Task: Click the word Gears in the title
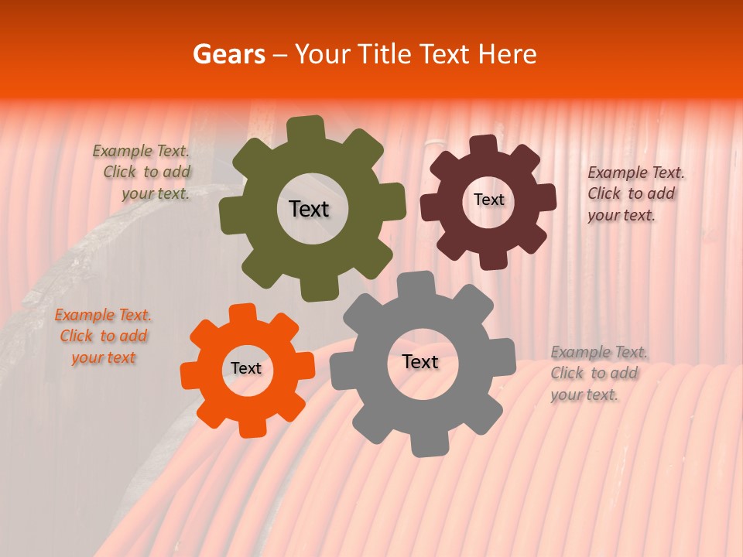tap(228, 54)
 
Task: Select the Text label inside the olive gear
tap(309, 209)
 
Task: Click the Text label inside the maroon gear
tap(488, 200)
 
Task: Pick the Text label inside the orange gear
tap(246, 368)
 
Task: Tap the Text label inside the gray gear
tap(420, 362)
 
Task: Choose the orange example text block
tap(104, 337)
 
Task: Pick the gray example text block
tap(597, 373)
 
